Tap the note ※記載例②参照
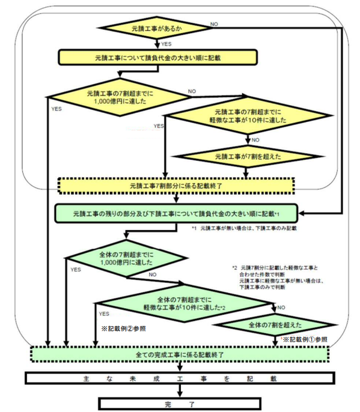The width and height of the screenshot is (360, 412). click(x=123, y=329)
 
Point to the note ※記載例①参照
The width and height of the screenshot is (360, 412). click(x=304, y=339)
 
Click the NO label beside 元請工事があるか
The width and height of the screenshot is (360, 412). click(x=214, y=24)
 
